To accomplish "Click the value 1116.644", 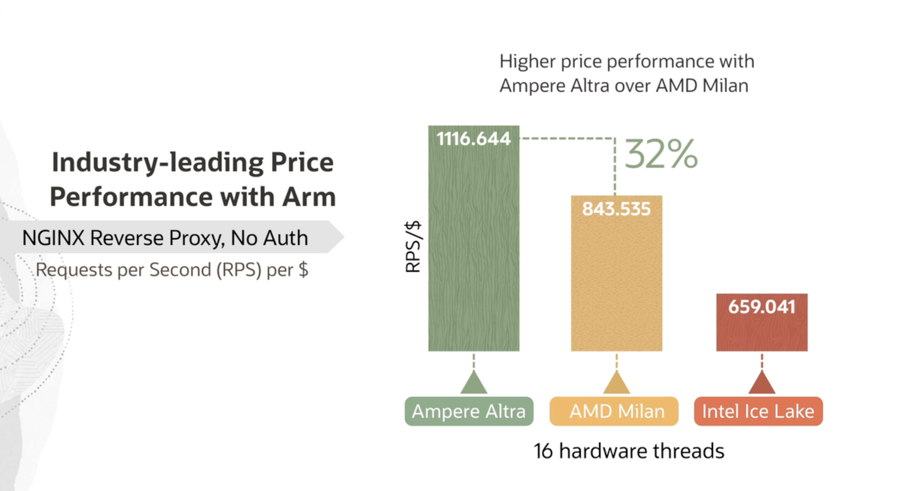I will coord(474,139).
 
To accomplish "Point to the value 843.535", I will coord(616,209).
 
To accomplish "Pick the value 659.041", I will coord(762,307).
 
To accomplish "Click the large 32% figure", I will coord(661,154).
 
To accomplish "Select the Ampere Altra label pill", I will coord(469,411).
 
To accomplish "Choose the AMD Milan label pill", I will coord(614,411).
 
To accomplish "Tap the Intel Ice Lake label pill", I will coord(758,411).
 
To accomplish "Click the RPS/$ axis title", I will coord(413,247).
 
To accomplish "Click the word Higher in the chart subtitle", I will coord(527,62).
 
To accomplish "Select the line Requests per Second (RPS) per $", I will coord(172,270).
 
